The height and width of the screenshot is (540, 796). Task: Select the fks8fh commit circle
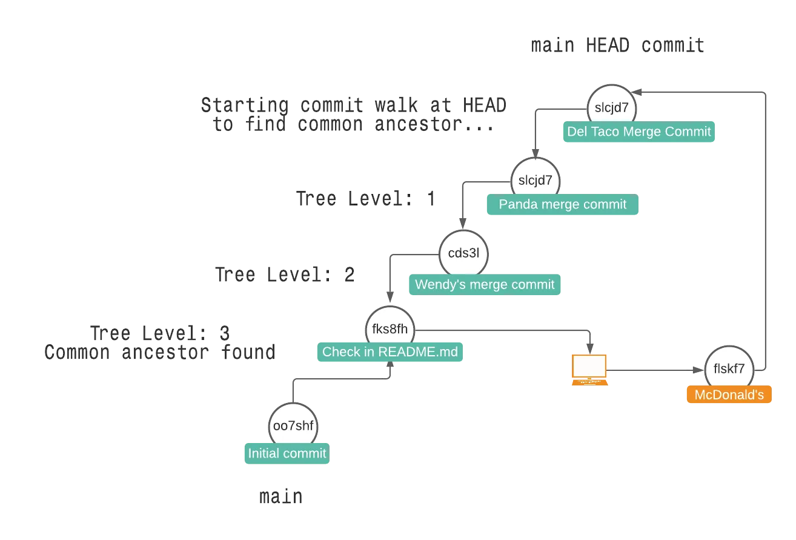[x=391, y=330]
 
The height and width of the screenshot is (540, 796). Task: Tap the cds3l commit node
[x=463, y=253]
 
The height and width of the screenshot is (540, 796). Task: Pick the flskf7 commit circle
[x=729, y=368]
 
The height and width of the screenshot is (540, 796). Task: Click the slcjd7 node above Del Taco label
[x=612, y=108]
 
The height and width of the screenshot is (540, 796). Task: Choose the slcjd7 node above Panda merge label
[x=536, y=180]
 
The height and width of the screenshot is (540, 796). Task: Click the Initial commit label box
[x=286, y=453]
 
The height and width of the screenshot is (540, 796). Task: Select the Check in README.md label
[x=390, y=352]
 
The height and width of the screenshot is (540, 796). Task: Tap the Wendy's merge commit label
[x=484, y=284]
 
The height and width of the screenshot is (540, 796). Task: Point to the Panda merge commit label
[x=562, y=205]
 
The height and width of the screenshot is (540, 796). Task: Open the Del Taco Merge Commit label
[x=639, y=132]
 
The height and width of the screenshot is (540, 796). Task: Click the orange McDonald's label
[x=729, y=395]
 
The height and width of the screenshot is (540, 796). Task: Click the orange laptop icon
[x=589, y=370]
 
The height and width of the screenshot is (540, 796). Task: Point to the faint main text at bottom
[x=280, y=497]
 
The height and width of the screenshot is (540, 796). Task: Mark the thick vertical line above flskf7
[x=766, y=230]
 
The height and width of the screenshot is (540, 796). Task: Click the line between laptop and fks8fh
[x=503, y=332]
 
